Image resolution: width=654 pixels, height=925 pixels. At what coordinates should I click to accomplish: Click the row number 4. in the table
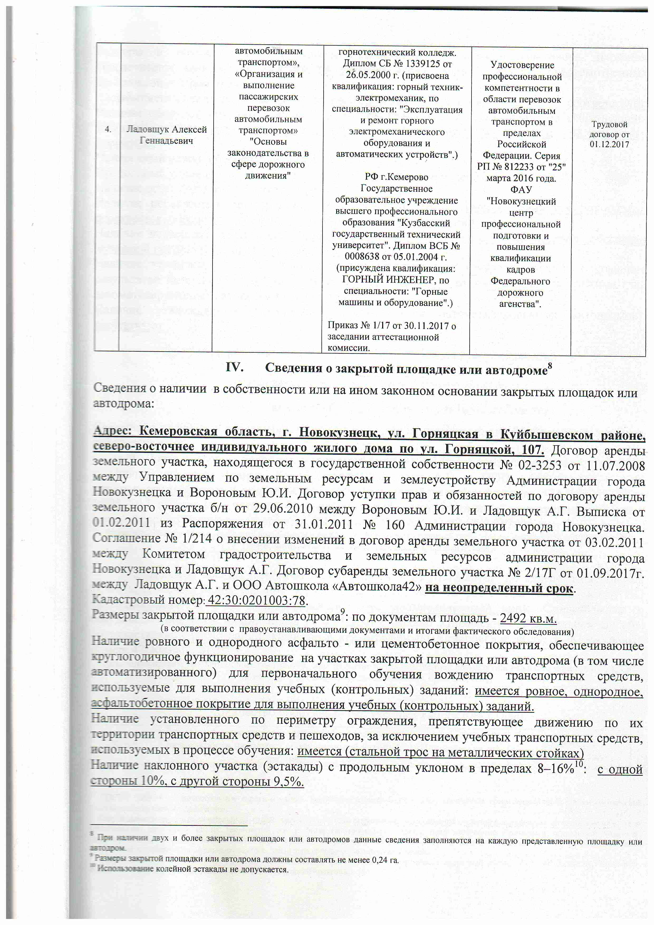[108, 129]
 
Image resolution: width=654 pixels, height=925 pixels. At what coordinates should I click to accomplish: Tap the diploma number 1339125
[422, 64]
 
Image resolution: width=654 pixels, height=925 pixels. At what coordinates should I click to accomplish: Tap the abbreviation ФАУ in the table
[521, 189]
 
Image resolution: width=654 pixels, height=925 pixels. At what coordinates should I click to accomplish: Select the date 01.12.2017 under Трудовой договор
[609, 144]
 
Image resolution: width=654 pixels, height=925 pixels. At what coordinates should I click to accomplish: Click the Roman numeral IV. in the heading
[234, 367]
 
